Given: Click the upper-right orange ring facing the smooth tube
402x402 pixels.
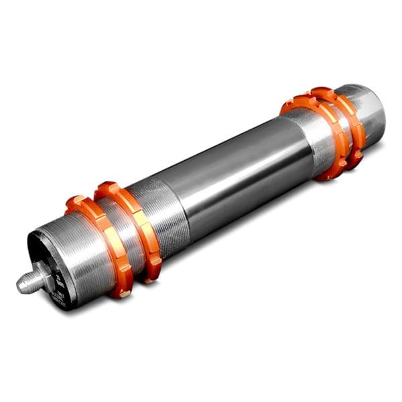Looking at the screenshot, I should coord(315,137).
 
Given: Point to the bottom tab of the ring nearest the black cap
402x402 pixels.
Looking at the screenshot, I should coord(121,291).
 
